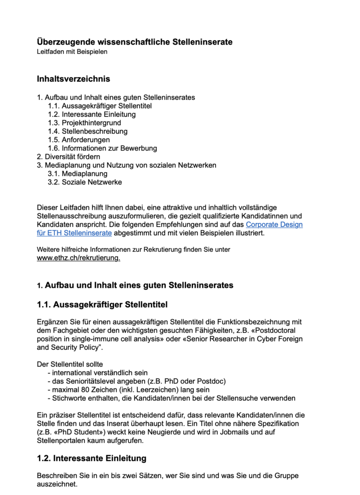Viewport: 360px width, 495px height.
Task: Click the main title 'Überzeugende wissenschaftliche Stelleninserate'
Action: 135,42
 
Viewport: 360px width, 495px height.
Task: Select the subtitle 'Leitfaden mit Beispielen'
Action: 72,52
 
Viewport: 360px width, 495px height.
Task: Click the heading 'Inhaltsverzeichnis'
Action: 74,79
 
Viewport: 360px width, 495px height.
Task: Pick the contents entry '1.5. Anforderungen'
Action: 79,140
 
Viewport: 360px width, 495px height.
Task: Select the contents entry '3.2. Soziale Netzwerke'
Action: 84,182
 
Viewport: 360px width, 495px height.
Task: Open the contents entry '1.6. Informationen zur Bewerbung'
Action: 102,148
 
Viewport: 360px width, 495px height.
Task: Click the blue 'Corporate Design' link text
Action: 274,225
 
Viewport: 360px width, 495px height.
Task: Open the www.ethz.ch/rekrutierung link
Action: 78,258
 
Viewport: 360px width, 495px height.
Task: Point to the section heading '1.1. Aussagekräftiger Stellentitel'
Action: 102,305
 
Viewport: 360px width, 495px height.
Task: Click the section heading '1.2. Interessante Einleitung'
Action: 91,458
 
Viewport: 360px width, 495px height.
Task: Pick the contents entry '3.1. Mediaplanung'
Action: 77,173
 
